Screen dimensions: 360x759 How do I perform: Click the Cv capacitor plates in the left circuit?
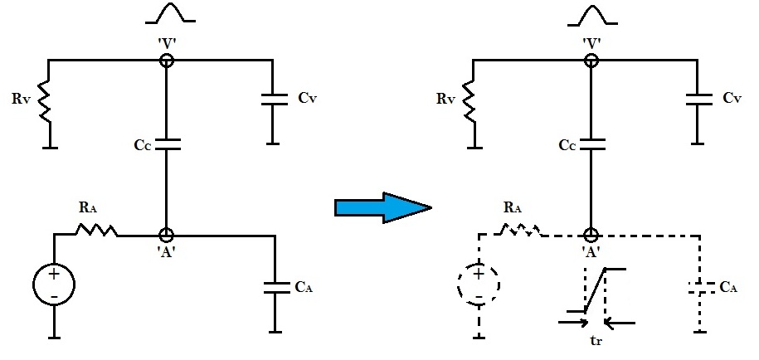(x=273, y=99)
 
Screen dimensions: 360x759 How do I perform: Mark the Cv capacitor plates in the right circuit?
(x=698, y=99)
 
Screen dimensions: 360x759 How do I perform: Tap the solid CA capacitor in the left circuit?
(x=273, y=287)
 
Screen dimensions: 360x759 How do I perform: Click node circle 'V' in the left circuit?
(x=167, y=60)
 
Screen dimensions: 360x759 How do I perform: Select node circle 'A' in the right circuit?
(x=591, y=236)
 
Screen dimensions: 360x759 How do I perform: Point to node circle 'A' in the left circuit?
(x=167, y=236)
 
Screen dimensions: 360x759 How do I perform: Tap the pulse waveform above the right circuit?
(x=591, y=14)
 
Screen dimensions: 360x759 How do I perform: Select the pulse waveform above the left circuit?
(x=167, y=14)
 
